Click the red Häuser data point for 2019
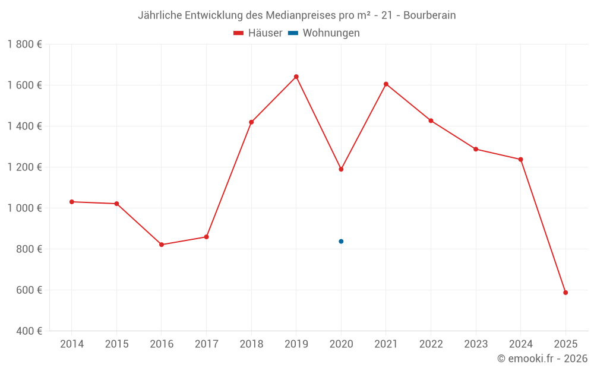296,77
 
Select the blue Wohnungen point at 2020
341,242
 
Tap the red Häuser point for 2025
565,293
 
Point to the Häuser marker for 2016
162,245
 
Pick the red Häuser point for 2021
386,84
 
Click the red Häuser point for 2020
341,169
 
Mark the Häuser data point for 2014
72,202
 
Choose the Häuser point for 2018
251,122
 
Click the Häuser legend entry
258,33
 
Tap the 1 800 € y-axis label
24,45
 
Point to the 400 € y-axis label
30,331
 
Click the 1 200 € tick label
24,167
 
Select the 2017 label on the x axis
206,344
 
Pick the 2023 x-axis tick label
476,344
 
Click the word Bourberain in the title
429,15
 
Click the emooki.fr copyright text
542,359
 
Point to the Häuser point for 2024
520,160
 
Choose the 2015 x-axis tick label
116,344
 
